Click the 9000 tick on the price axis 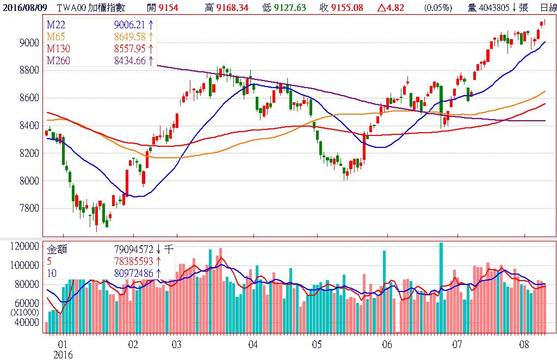pos(28,42)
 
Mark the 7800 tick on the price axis pos(28,208)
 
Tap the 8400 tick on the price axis pos(28,126)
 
